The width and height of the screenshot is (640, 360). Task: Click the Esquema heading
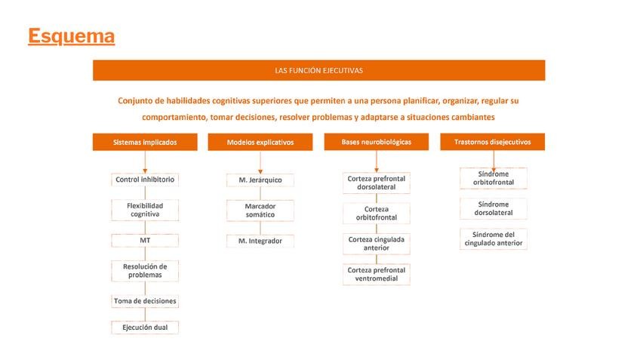71,36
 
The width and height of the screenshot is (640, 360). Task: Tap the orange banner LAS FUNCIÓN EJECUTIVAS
318,70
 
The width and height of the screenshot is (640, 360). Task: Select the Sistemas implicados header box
145,142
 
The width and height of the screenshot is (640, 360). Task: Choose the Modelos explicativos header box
260,142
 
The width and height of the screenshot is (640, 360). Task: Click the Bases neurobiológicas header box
376,142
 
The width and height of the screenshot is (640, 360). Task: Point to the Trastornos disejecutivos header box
492,142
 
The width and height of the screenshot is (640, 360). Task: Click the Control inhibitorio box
145,180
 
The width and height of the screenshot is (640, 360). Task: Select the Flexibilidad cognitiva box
145,210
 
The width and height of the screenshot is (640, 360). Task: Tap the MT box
145,241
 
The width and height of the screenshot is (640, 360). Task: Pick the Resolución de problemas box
145,270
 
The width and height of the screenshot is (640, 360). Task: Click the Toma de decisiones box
145,301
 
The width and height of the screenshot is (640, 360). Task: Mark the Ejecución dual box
145,328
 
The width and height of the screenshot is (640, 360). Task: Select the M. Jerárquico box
260,180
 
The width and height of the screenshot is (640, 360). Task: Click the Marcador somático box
260,211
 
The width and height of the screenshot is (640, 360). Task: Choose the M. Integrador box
260,241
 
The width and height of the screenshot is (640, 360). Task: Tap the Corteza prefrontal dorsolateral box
376,183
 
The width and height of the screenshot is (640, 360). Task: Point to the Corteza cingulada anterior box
376,244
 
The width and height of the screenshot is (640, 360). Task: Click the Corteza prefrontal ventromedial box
376,275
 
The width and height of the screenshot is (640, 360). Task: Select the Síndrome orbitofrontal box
493,178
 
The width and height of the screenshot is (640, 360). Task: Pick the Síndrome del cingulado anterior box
493,239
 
